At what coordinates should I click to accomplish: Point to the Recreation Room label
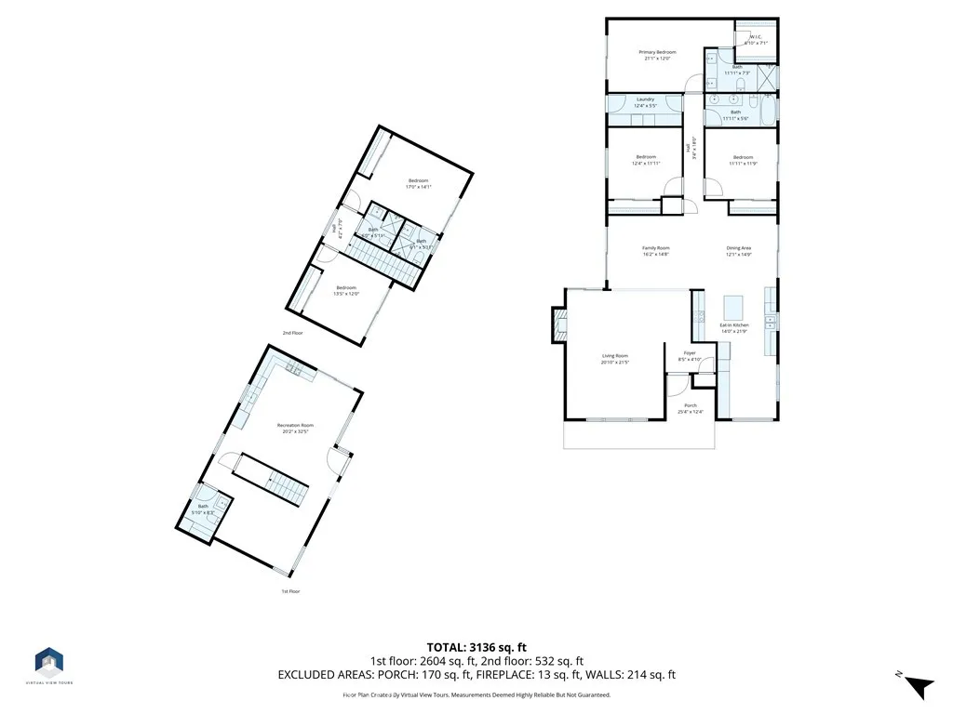coord(295,428)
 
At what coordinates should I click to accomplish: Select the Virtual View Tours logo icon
coord(49,661)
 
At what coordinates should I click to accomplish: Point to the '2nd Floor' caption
coord(293,332)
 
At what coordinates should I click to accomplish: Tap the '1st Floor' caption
coord(291,591)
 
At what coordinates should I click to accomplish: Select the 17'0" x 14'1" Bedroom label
coord(418,183)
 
